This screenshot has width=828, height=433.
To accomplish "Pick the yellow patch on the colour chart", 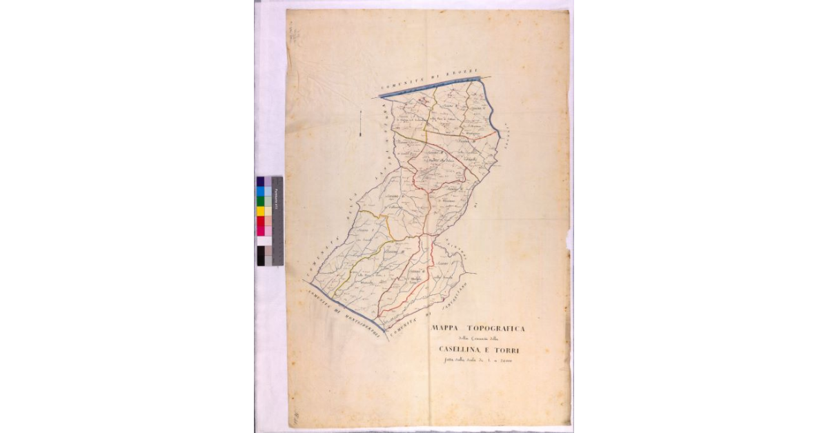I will [261, 211].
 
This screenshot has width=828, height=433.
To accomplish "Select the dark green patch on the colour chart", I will [261, 201].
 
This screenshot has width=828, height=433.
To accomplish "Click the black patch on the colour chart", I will [261, 255].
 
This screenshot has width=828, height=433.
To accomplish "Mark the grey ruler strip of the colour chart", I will [278, 221].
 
